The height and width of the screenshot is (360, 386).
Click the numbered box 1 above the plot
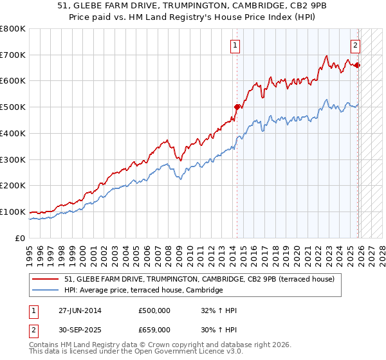[236, 46]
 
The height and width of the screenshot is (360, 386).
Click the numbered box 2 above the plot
[354, 46]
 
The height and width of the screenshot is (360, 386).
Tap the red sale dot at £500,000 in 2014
[237, 107]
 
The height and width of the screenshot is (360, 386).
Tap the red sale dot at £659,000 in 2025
[358, 66]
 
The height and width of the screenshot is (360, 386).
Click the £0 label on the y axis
[21, 238]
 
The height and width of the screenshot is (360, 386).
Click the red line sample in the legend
[46, 280]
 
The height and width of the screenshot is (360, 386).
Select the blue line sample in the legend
[46, 291]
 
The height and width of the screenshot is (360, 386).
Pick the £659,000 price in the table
[154, 329]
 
